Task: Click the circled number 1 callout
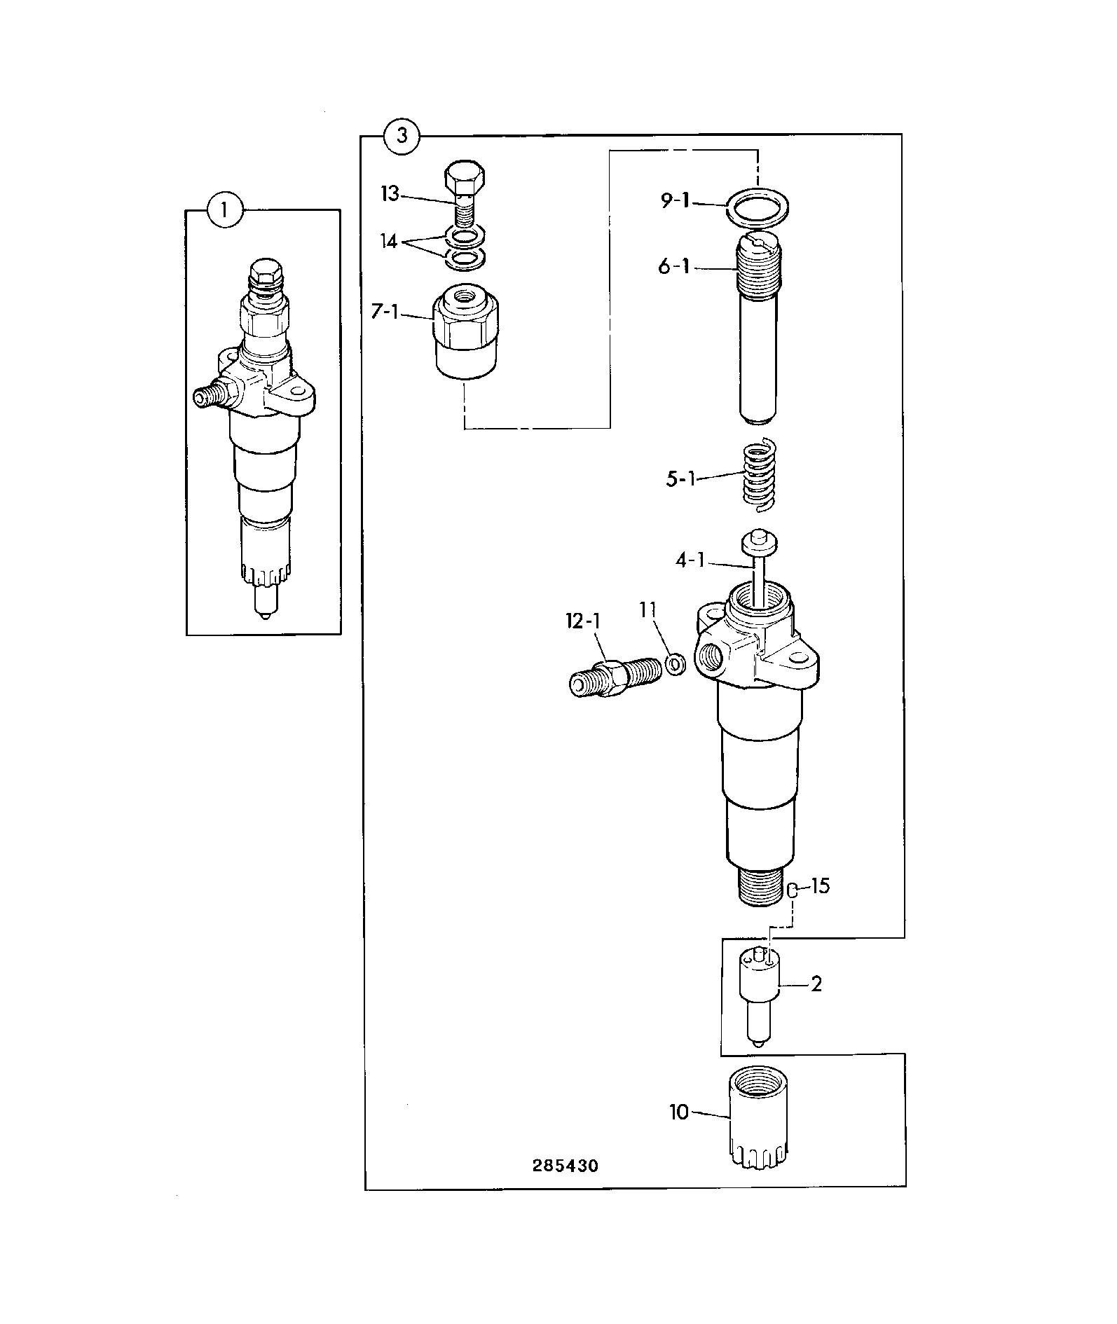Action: (226, 209)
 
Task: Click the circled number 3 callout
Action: (402, 135)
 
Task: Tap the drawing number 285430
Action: (565, 1165)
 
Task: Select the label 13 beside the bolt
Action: (390, 193)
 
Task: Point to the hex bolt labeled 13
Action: (464, 193)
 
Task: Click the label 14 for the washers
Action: (389, 242)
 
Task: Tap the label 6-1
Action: (674, 267)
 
